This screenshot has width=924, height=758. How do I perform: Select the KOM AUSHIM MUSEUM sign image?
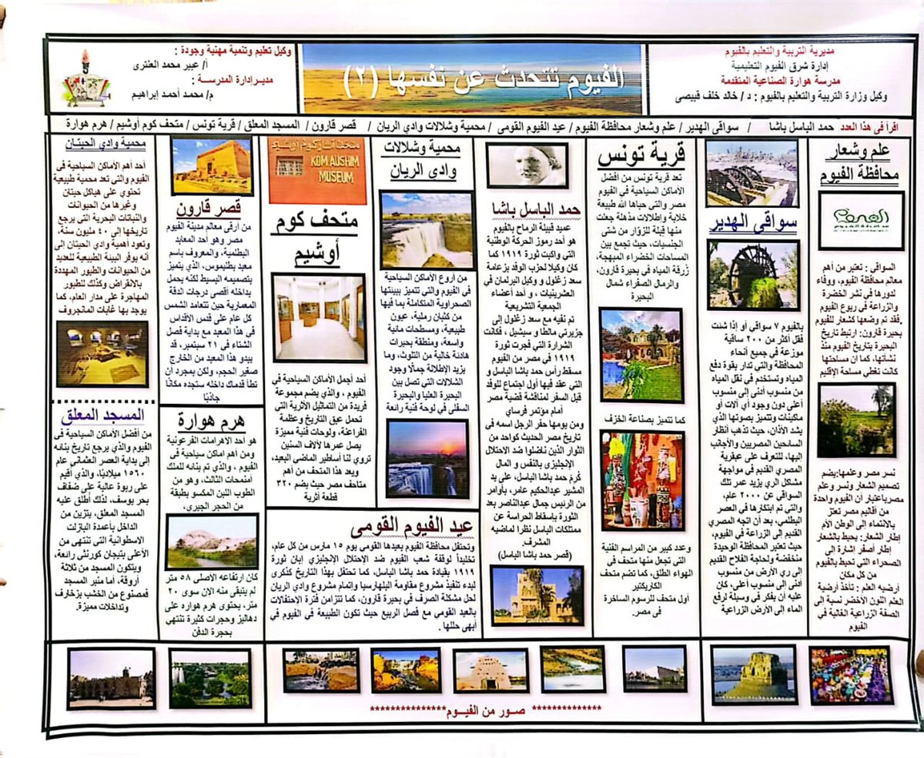pos(317,170)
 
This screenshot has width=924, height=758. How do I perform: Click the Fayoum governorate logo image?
pos(860,220)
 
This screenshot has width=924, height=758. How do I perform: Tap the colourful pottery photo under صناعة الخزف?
pos(641,481)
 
